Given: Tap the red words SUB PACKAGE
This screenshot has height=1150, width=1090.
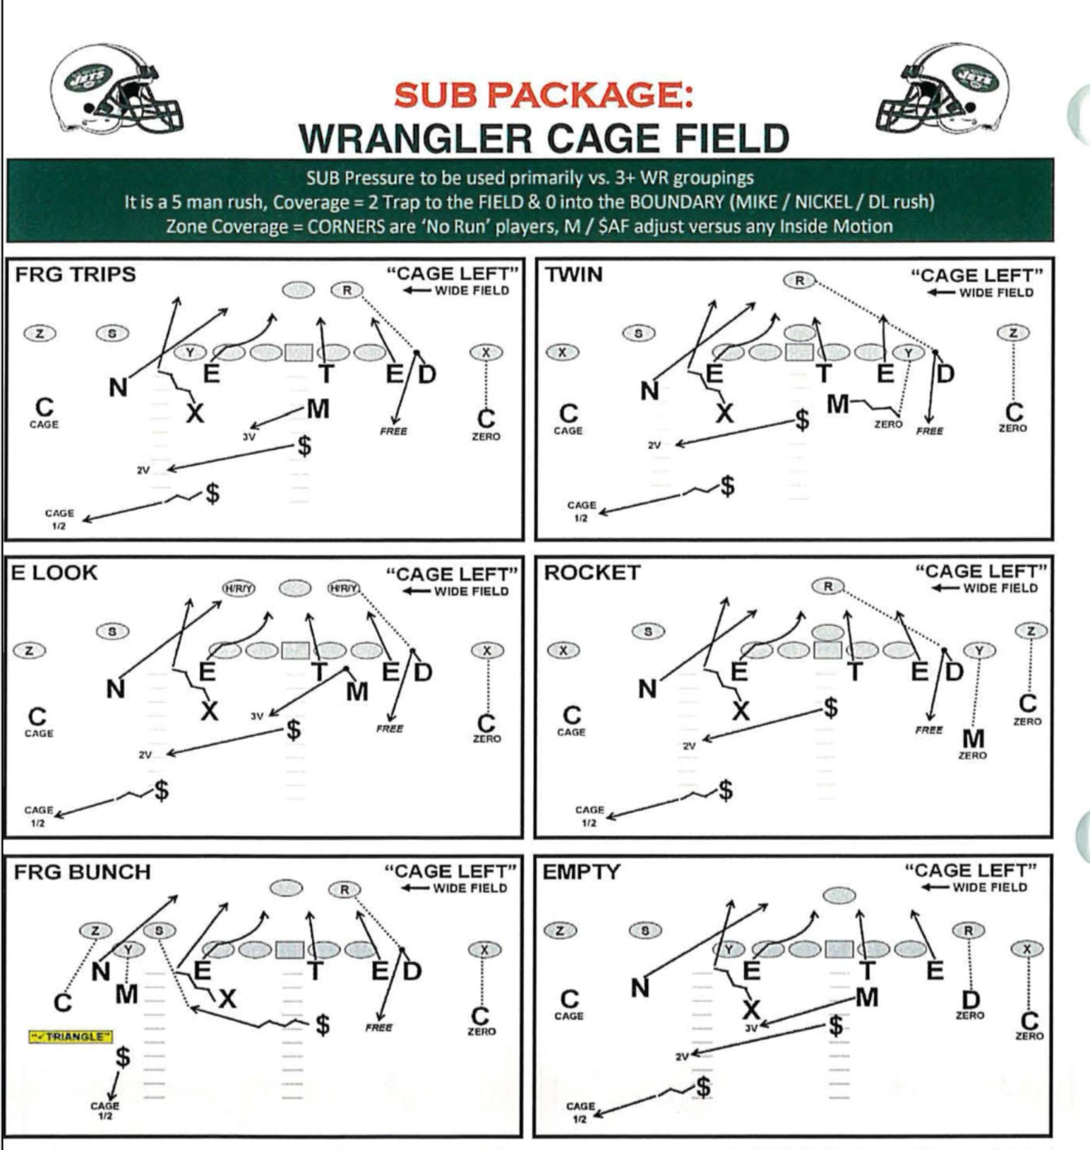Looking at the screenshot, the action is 543,95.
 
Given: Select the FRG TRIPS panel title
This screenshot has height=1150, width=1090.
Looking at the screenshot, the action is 75,274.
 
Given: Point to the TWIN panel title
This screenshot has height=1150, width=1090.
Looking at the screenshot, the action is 573,275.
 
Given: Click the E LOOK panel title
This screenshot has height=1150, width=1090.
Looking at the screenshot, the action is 54,573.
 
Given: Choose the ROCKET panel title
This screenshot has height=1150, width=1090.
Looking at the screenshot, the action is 592,573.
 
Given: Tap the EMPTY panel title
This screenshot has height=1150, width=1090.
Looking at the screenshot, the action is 580,872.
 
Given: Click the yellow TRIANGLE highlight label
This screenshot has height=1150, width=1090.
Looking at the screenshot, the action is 71,1036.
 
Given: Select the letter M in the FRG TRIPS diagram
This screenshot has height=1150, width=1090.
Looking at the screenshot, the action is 318,408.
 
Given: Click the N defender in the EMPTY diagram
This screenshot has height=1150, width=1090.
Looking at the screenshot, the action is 640,988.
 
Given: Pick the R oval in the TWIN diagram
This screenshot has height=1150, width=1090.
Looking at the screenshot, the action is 798,280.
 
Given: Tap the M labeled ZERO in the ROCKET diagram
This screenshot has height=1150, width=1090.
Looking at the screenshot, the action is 973,739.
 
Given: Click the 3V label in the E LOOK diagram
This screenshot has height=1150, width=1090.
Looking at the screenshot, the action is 257,716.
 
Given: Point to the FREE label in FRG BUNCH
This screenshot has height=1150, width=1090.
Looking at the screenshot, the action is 378,1028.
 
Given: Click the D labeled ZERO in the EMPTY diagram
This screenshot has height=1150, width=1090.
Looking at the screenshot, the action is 971,1000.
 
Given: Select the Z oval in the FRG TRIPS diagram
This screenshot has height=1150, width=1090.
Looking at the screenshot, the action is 40,333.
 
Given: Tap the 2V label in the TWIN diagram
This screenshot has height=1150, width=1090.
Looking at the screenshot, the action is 654,446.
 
